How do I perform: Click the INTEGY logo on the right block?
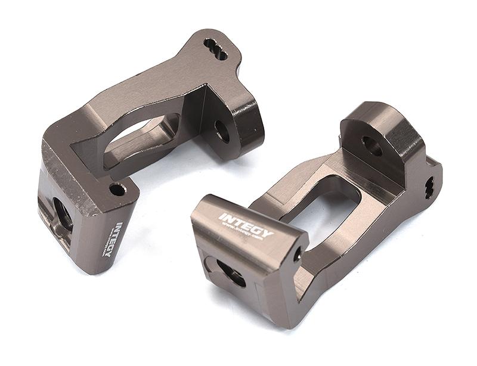[246, 226]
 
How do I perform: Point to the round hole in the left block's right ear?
[222, 131]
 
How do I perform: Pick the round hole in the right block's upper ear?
[372, 145]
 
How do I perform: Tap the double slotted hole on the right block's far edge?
[429, 188]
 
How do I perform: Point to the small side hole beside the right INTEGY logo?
[297, 255]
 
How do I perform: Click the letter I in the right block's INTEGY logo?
[221, 216]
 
